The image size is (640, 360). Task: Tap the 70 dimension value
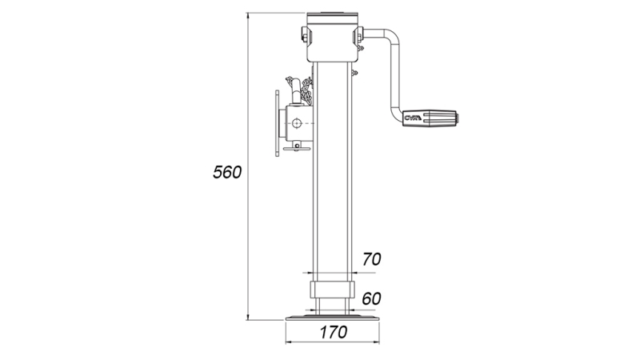pos(371,258)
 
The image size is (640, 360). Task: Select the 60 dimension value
pos(371,298)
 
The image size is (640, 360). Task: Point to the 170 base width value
pos(331,332)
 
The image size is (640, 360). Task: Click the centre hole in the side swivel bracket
pos(298,123)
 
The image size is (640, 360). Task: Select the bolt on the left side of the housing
pos(304,34)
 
